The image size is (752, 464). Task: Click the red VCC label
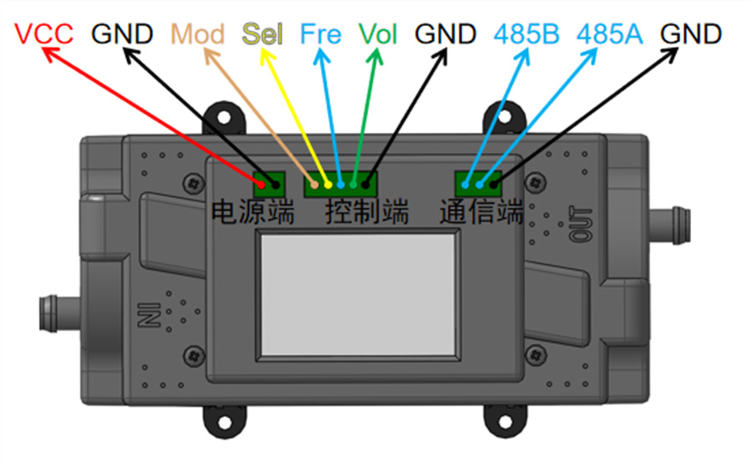(44, 34)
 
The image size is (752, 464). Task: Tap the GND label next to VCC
(122, 34)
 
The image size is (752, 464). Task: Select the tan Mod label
(197, 34)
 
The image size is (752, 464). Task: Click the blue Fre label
(320, 34)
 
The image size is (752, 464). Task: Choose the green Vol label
(378, 34)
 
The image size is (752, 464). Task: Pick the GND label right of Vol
(445, 34)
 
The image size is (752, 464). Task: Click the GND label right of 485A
(690, 34)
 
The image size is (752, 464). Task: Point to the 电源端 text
(252, 212)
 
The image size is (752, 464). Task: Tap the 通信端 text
(481, 212)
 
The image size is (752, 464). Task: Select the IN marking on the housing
(144, 315)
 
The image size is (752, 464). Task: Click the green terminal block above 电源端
(270, 181)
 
